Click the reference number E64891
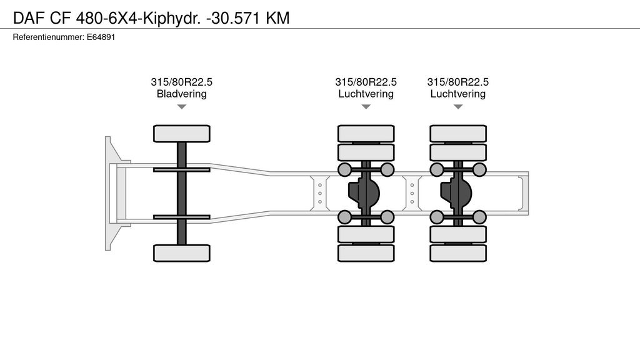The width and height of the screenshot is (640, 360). coord(101,37)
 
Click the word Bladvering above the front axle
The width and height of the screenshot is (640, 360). coord(181,94)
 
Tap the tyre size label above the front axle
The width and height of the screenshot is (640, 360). coord(181,82)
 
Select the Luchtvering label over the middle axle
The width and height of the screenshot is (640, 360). coord(366,94)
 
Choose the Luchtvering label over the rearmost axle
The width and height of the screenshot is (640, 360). coord(457,94)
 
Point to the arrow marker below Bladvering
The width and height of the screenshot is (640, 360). coord(181,107)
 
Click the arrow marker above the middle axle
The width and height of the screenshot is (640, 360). coord(366,107)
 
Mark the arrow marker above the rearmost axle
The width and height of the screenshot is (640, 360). coord(457,107)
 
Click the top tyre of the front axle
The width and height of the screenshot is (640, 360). coord(181,133)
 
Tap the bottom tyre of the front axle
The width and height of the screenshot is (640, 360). coord(181,252)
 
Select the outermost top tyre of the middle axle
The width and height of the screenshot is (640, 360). coord(366,133)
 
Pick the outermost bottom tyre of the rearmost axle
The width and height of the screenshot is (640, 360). coord(457,253)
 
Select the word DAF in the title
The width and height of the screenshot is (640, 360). coord(27,18)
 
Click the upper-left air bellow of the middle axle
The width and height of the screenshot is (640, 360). coord(344,169)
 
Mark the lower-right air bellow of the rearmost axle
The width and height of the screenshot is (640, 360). coord(479,217)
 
